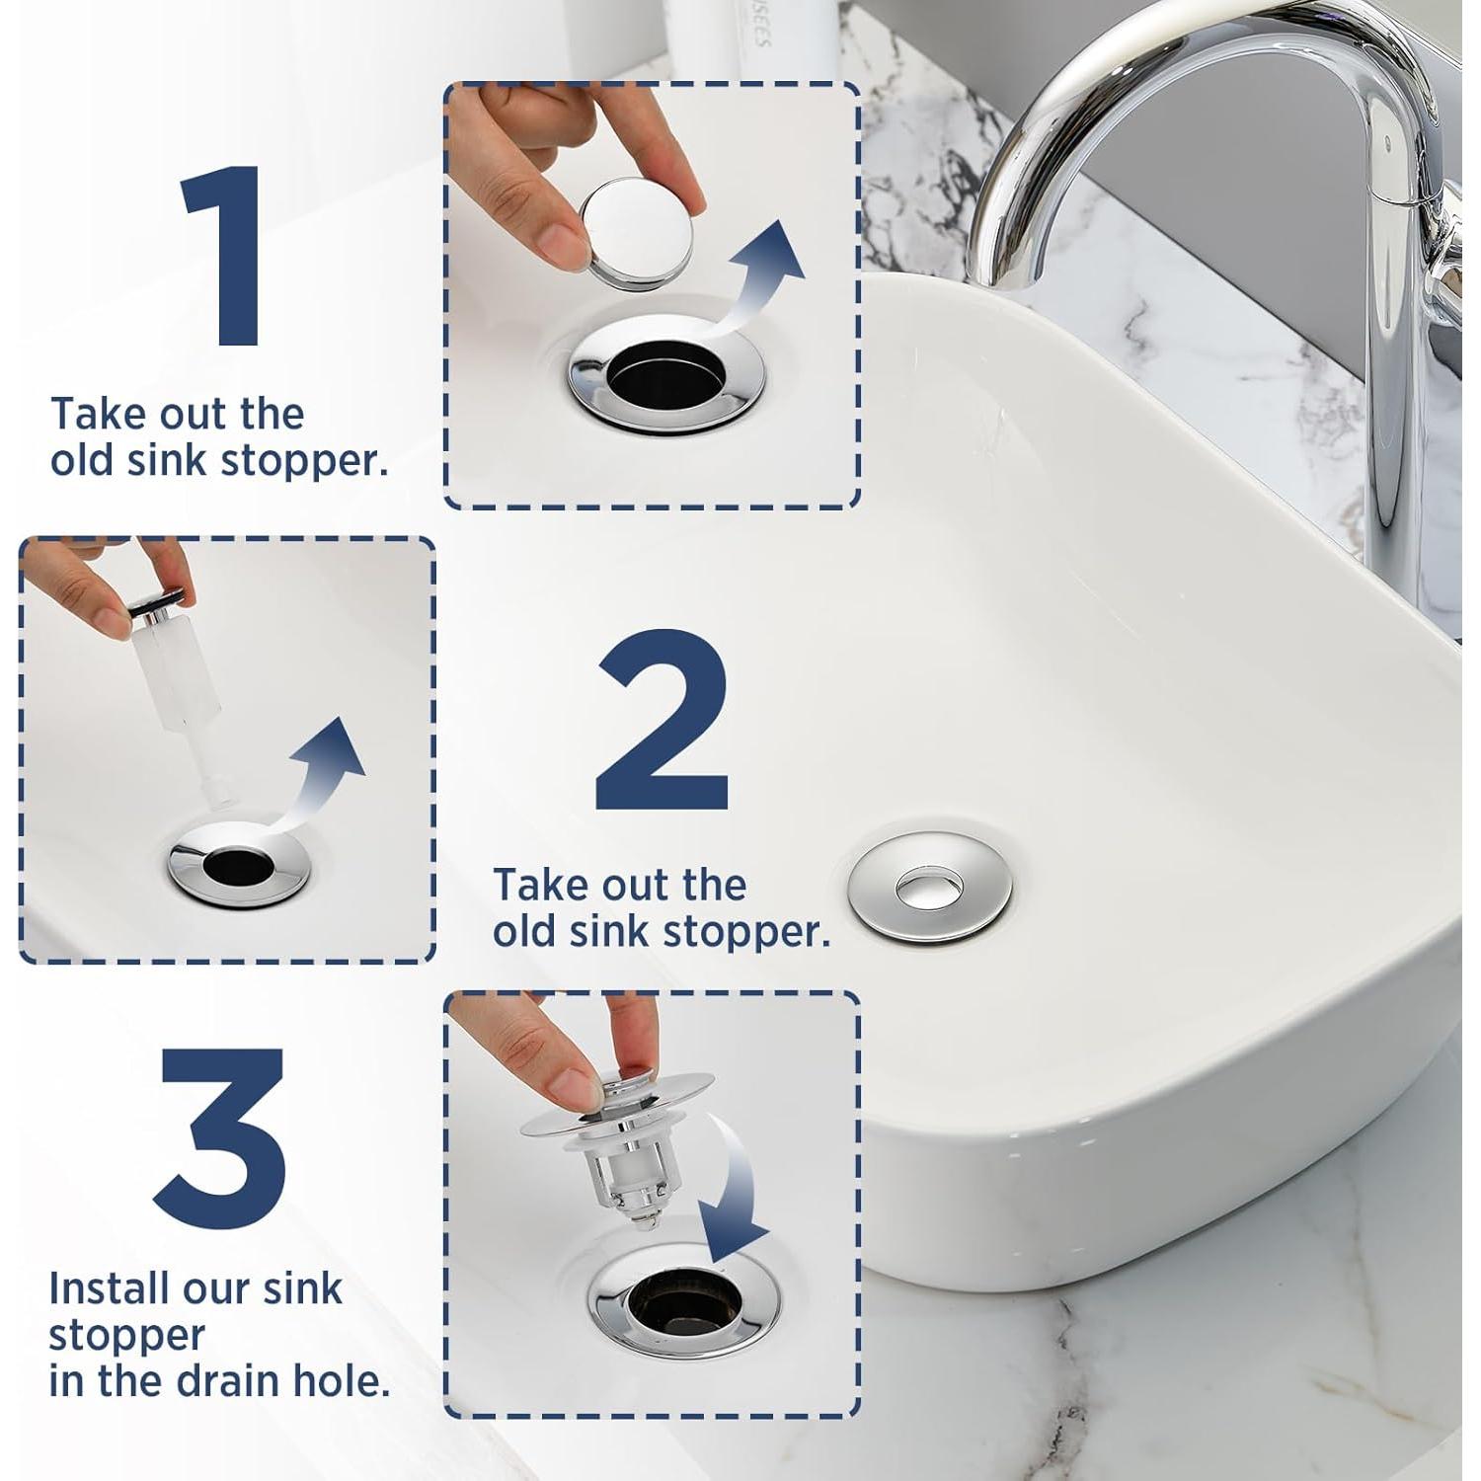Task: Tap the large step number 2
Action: (663, 722)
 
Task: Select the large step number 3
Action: (221, 1140)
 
